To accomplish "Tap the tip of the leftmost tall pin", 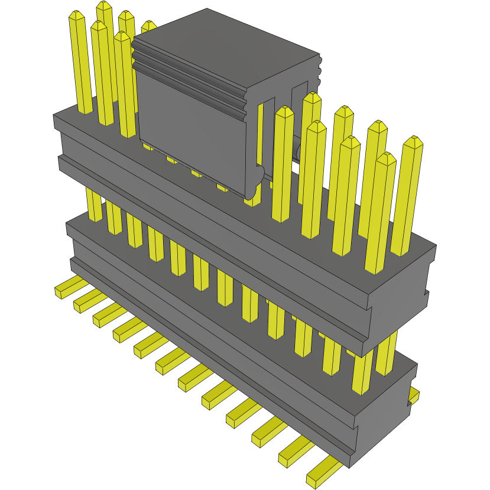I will click(x=75, y=16).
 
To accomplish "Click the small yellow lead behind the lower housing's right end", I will click(x=414, y=395).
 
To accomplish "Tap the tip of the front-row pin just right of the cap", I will click(x=284, y=112).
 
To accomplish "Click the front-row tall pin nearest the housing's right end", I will click(x=385, y=158).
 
